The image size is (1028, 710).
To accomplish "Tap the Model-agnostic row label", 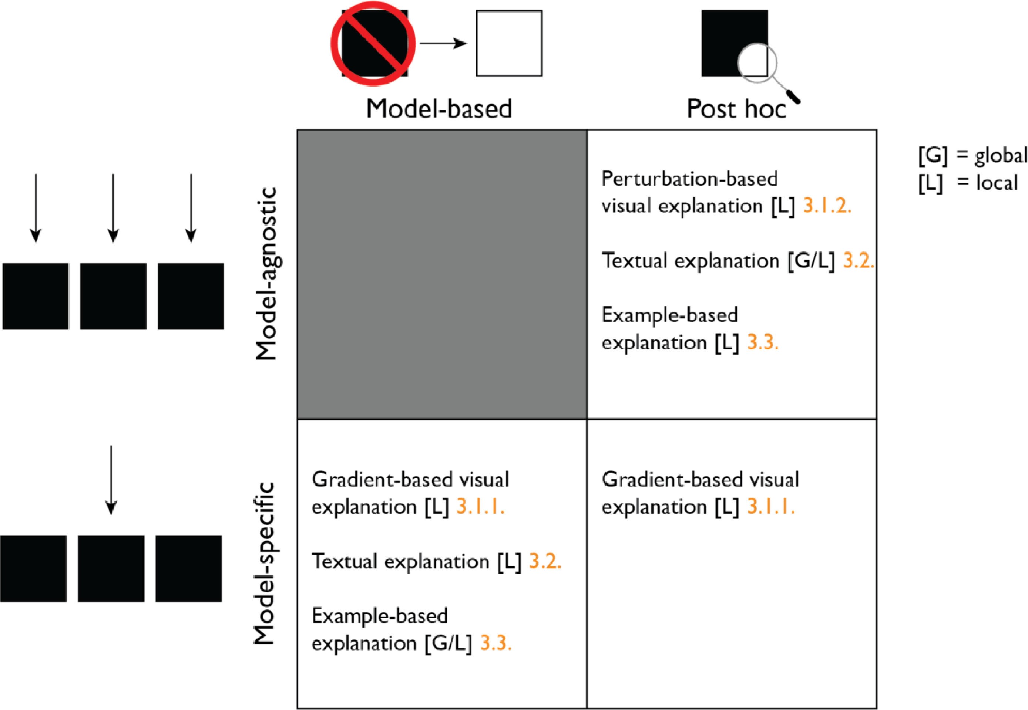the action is [267, 274].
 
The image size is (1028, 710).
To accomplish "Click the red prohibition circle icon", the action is [373, 44].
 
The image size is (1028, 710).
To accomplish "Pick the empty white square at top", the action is [509, 44].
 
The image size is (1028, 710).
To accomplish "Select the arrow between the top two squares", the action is [443, 44].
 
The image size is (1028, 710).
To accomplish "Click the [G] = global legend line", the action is [973, 156].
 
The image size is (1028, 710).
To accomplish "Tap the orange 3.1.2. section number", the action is [827, 206].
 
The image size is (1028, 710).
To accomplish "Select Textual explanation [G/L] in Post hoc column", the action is [718, 261].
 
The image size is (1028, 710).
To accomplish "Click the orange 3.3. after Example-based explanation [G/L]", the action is [495, 643].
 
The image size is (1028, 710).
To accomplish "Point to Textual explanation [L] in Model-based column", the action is [416, 561].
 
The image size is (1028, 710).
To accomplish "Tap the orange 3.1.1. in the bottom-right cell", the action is [771, 507].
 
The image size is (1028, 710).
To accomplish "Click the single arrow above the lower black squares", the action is [111, 480].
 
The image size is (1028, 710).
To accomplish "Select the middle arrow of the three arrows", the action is [113, 208].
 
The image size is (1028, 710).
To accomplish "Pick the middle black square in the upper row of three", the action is [113, 296].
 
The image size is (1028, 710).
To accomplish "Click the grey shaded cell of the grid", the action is [441, 274].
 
